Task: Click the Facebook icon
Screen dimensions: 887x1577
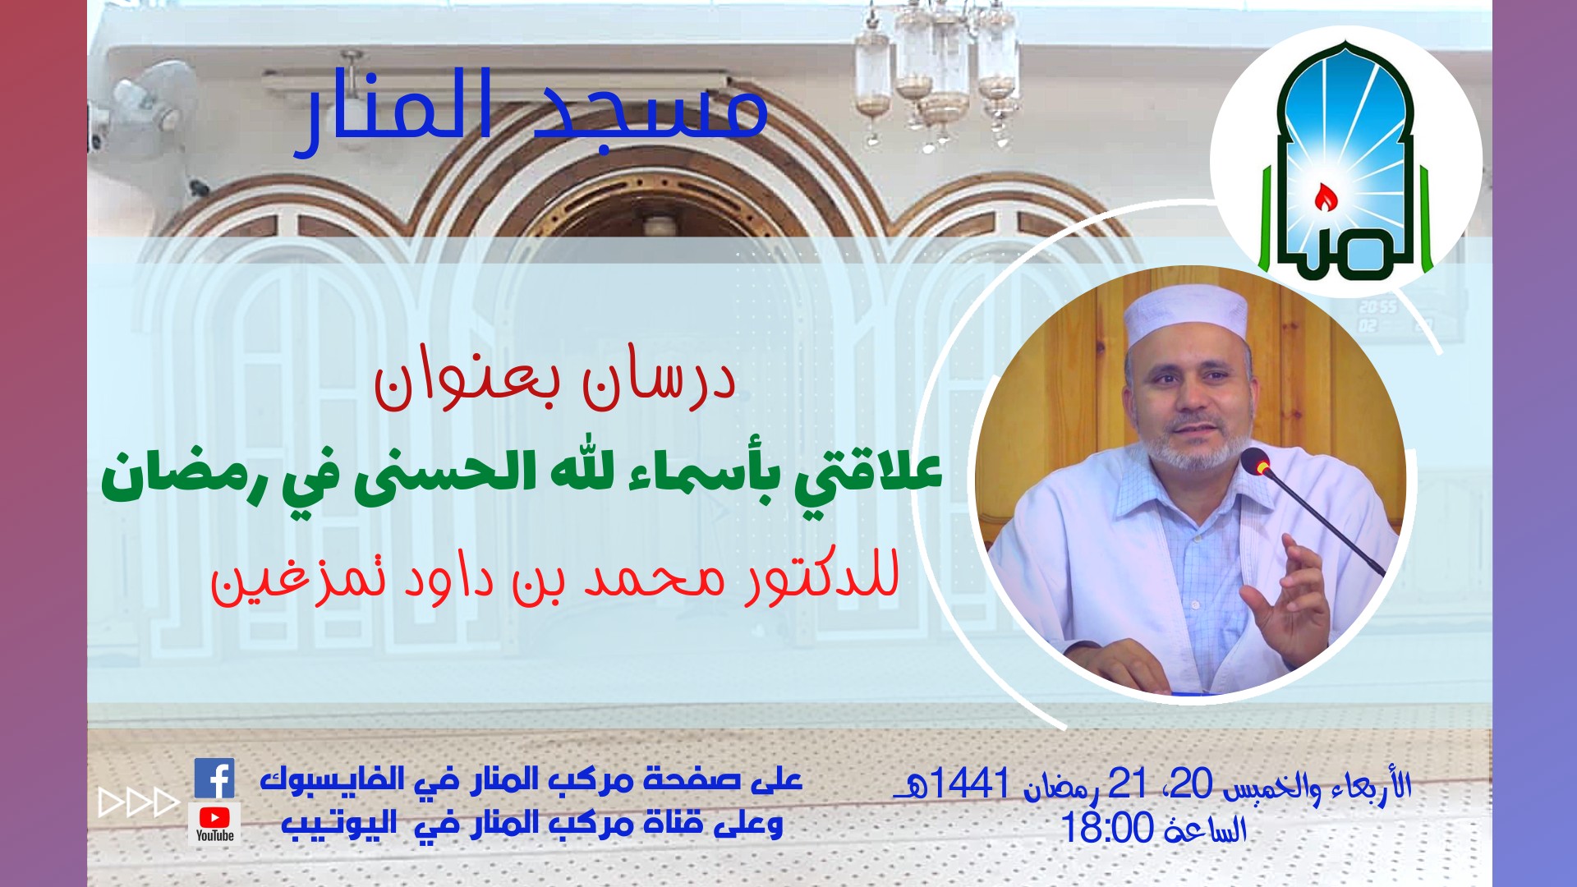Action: point(214,779)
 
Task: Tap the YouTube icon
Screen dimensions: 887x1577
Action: point(214,823)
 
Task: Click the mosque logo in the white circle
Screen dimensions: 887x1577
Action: point(1345,161)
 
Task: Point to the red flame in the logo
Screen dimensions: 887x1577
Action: point(1323,197)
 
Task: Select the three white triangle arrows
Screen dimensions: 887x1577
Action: point(139,802)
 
